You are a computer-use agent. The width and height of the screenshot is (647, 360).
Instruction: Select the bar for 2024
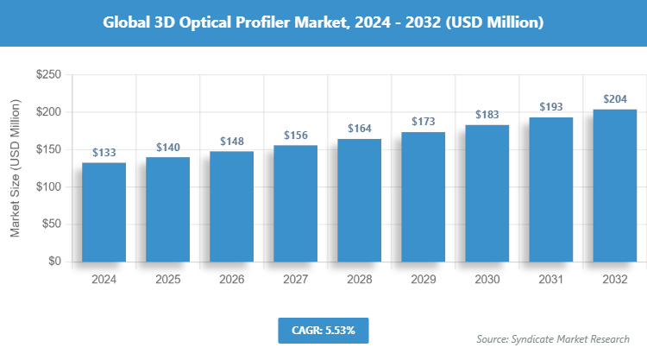pyautogui.click(x=104, y=212)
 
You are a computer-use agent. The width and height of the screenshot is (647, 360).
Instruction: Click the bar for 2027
pyautogui.click(x=295, y=203)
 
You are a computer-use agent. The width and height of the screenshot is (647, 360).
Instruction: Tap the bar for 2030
pyautogui.click(x=487, y=193)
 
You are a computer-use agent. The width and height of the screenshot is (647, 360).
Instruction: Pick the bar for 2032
pyautogui.click(x=614, y=185)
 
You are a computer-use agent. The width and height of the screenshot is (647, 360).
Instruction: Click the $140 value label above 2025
pyautogui.click(x=167, y=148)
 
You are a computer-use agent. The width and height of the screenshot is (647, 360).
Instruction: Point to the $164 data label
pyautogui.click(x=359, y=129)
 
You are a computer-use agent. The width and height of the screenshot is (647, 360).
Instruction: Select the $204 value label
pyautogui.click(x=614, y=98)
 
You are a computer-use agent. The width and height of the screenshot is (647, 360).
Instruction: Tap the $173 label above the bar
pyautogui.click(x=423, y=122)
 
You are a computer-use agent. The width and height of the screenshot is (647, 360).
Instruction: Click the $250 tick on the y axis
pyautogui.click(x=47, y=76)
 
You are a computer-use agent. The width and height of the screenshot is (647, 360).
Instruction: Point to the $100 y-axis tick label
pyautogui.click(x=47, y=186)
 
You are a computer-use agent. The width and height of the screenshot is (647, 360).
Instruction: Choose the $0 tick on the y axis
pyautogui.click(x=53, y=261)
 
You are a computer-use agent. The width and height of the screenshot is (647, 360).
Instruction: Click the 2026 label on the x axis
pyautogui.click(x=231, y=280)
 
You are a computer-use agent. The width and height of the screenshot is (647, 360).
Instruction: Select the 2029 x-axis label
pyautogui.click(x=423, y=280)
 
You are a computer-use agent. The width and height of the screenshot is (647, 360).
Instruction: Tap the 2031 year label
pyautogui.click(x=550, y=280)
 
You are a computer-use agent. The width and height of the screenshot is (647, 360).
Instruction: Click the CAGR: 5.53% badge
pyautogui.click(x=323, y=330)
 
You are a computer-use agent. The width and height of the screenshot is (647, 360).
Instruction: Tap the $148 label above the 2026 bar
pyautogui.click(x=231, y=141)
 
